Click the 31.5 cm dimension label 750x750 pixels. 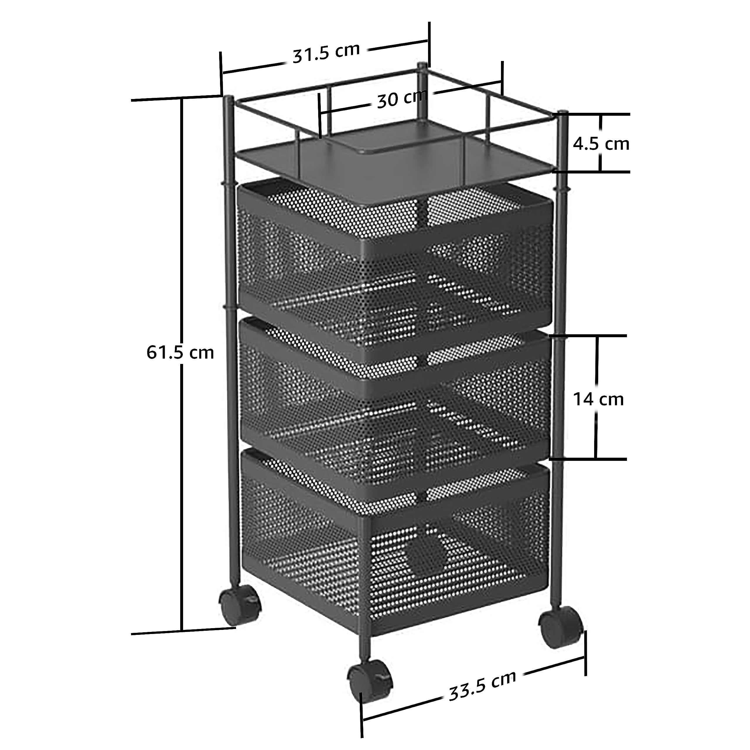pos(326,53)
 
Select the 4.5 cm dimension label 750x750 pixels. pos(601,144)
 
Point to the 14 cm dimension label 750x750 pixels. pos(598,399)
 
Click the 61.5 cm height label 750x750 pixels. pos(180,352)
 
